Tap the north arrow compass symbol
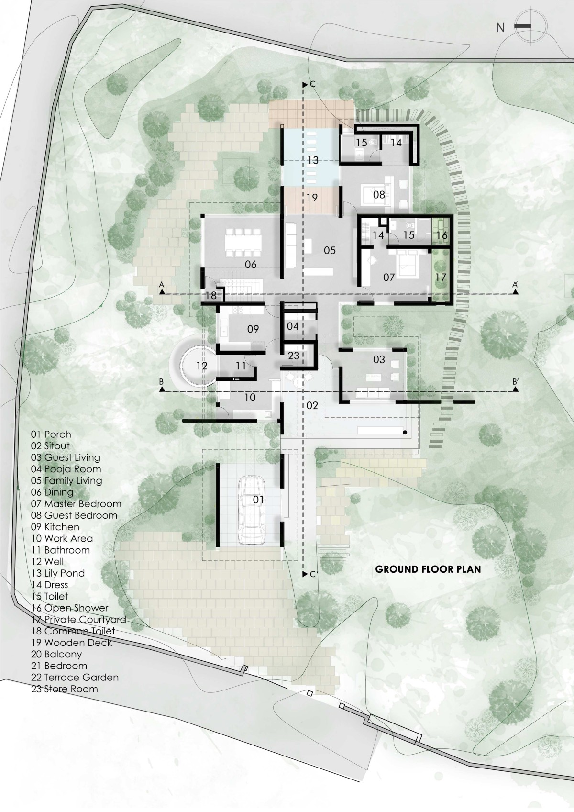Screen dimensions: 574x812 coord(530,26)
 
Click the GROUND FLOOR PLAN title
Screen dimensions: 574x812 coord(428,569)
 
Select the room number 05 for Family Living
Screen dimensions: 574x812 coord(330,250)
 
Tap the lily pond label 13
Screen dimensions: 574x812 coord(313,160)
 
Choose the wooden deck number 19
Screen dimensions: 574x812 coord(312,198)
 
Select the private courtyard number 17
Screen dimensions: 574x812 coord(441,278)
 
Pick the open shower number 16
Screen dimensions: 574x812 coord(442,235)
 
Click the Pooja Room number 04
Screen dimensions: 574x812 coord(292,326)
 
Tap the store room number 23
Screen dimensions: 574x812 coord(294,355)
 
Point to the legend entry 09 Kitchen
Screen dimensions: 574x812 coord(55,527)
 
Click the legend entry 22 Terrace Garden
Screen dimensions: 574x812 coord(75,677)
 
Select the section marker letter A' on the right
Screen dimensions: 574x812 coord(514,285)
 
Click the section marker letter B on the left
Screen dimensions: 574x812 coord(161,381)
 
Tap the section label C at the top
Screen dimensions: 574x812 coord(313,85)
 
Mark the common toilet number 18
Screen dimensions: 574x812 coord(211,295)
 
